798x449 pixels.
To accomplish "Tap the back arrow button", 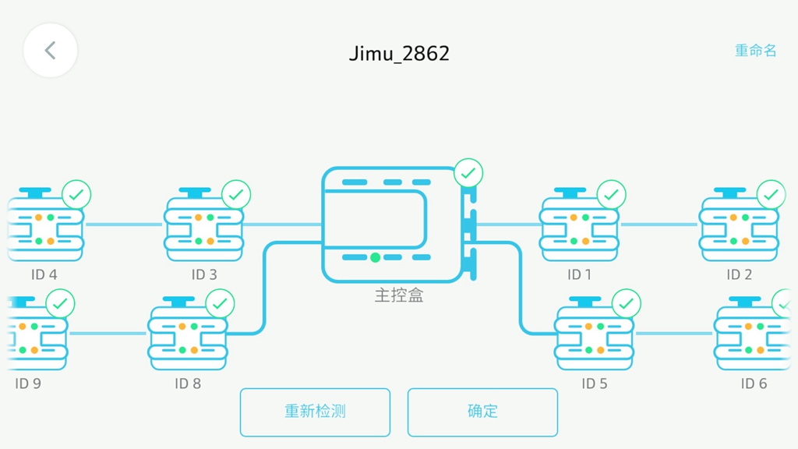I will tap(51, 51).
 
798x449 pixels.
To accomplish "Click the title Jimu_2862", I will tap(399, 53).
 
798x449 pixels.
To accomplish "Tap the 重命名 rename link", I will tap(755, 51).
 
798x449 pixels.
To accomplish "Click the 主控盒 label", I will tap(399, 295).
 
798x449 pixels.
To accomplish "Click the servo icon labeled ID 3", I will tap(203, 228).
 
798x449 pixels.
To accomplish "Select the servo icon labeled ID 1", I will tap(580, 228).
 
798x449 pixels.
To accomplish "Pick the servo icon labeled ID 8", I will tap(188, 337).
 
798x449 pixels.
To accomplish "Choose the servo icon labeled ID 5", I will tap(594, 337).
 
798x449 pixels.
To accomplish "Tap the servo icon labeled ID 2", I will tap(739, 228).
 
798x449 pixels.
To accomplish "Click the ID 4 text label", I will tap(44, 274).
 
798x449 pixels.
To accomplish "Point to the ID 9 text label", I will tap(28, 384).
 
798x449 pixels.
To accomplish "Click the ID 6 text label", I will tap(754, 384).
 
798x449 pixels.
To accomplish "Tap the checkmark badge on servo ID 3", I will tap(236, 195).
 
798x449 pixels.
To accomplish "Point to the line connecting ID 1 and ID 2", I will tap(659, 224).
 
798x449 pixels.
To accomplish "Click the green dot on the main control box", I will tap(376, 257).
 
